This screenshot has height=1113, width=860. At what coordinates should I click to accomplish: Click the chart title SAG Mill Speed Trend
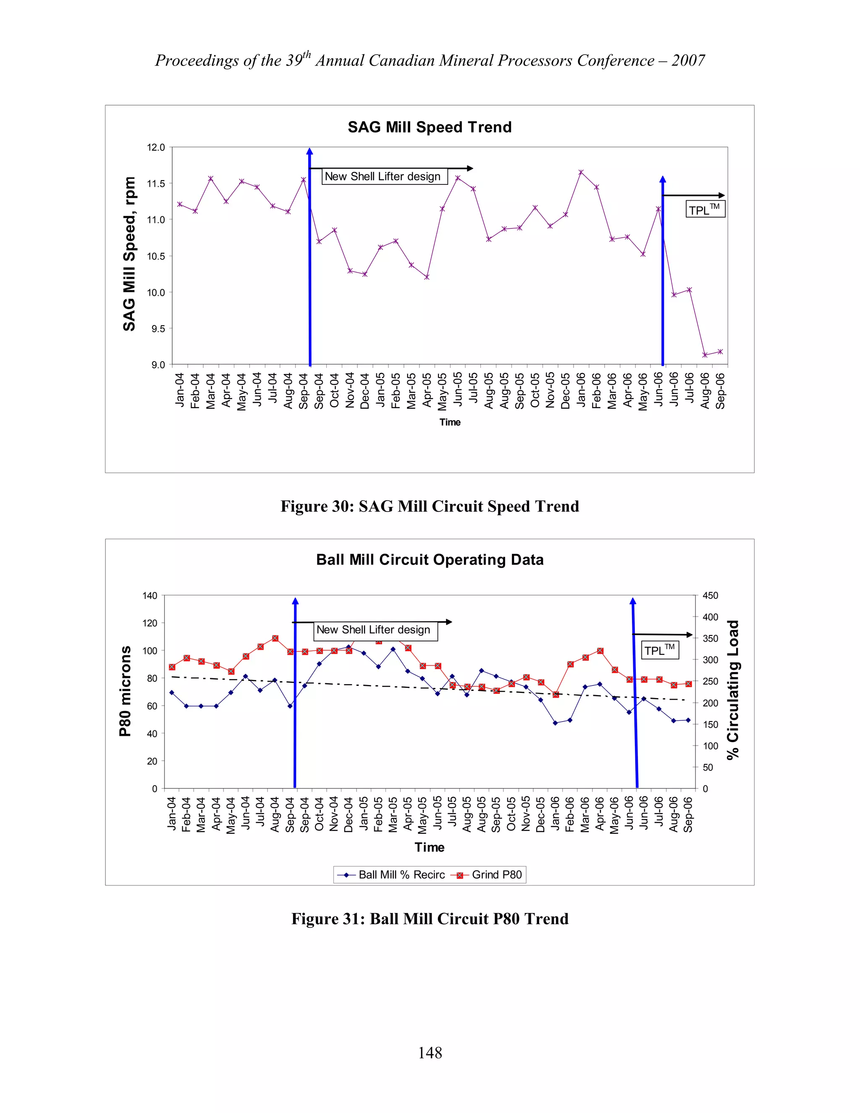pyautogui.click(x=430, y=127)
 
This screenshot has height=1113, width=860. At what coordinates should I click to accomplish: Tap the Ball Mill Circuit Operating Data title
pyautogui.click(x=430, y=559)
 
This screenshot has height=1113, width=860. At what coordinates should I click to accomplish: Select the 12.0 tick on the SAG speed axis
pyautogui.click(x=156, y=148)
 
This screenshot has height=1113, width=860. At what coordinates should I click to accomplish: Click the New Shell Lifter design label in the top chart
pyautogui.click(x=383, y=176)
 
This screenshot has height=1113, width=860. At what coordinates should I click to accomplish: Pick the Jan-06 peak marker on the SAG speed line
pyautogui.click(x=581, y=172)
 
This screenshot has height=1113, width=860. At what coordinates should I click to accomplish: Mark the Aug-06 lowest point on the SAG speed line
pyautogui.click(x=705, y=355)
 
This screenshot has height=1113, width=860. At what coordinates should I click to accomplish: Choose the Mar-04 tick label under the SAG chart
pyautogui.click(x=210, y=391)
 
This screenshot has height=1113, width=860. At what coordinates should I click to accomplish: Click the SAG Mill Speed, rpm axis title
pyautogui.click(x=129, y=254)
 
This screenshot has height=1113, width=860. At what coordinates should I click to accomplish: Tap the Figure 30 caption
pyautogui.click(x=430, y=506)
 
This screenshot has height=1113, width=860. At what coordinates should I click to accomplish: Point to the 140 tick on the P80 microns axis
pyautogui.click(x=150, y=596)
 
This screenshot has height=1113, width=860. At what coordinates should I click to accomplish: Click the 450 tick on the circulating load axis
pyautogui.click(x=710, y=596)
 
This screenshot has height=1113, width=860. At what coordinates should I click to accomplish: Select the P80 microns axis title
pyautogui.click(x=125, y=691)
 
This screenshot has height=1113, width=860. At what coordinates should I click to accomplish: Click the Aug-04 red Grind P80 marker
pyautogui.click(x=275, y=638)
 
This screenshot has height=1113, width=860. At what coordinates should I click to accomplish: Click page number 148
pyautogui.click(x=430, y=1053)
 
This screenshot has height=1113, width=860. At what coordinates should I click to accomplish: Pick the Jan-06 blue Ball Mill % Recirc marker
pyautogui.click(x=555, y=723)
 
